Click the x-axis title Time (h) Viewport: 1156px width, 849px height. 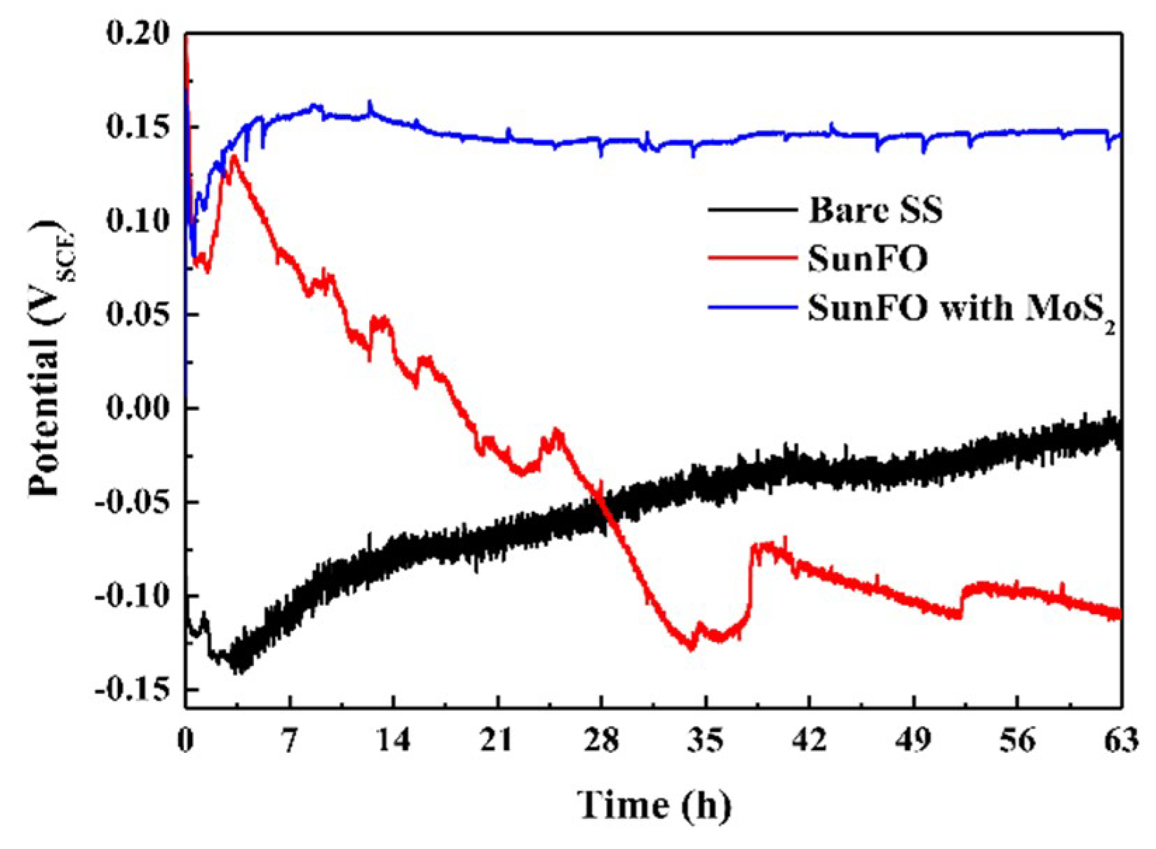pos(654,804)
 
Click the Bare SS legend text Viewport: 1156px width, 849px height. pos(875,210)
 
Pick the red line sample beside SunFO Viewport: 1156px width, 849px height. pos(753,258)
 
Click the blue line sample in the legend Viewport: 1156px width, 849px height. pos(753,307)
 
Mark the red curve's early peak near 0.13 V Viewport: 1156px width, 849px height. pos(234,156)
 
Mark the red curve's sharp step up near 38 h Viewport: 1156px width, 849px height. pos(751,582)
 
